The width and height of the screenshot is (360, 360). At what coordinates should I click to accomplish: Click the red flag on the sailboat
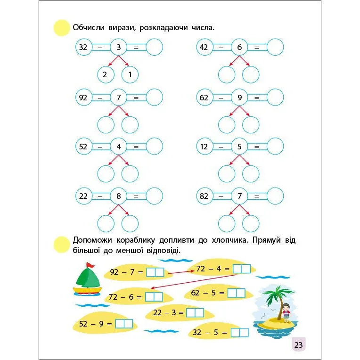click(91, 265)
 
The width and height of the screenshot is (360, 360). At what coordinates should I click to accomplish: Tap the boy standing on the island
click(286, 313)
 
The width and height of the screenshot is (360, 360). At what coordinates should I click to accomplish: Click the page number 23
click(298, 345)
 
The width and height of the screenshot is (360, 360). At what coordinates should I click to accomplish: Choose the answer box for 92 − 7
click(155, 272)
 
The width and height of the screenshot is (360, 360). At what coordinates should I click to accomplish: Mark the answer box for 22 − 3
click(195, 312)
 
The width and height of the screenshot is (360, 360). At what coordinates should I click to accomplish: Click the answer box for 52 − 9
click(124, 324)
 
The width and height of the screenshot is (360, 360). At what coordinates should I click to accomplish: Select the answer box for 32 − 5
click(240, 333)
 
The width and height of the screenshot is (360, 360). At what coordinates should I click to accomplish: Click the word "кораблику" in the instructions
click(136, 240)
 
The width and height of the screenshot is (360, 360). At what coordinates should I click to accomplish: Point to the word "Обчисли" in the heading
click(89, 27)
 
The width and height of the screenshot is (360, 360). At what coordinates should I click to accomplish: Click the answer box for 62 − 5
click(236, 293)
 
